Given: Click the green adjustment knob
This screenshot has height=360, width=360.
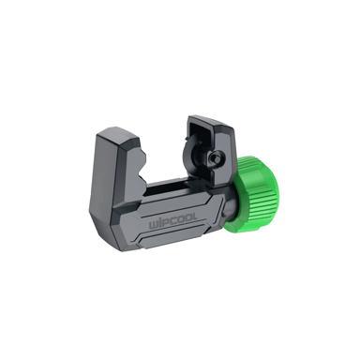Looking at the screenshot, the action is click(254, 194).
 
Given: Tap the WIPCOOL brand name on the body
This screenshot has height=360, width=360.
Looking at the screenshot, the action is click(172, 223).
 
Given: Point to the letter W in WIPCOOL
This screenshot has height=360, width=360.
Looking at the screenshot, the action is click(153, 225).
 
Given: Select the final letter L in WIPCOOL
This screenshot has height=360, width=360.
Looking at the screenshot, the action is click(195, 218).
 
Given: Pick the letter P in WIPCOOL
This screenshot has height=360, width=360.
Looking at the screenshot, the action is click(166, 223).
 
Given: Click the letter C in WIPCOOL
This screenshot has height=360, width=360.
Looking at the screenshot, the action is click(172, 222).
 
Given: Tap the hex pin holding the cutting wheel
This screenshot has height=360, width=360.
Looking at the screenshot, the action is click(214, 157).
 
